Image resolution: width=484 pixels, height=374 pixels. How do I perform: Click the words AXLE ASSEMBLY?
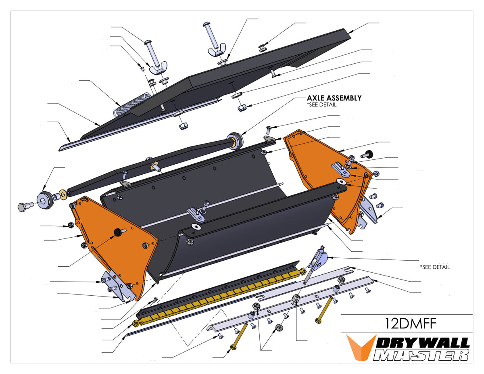[x=334, y=98]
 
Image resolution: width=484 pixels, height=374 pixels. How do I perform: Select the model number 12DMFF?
[x=406, y=324]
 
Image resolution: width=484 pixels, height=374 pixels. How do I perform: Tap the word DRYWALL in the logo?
[x=423, y=343]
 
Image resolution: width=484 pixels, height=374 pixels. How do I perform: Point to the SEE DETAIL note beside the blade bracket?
[x=435, y=267]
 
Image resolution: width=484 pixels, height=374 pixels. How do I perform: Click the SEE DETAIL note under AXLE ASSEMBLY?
[x=321, y=104]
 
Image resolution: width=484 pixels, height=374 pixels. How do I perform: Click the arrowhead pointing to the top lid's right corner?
[x=350, y=31]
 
